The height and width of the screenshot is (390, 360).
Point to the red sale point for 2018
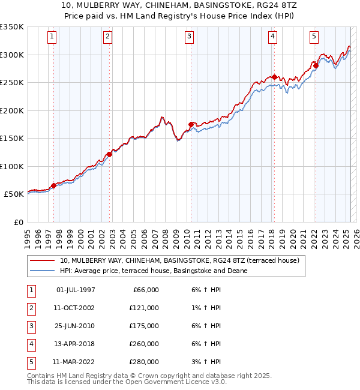coord(274,77)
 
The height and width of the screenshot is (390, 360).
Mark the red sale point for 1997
coord(53,185)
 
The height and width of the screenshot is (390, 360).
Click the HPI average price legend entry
coord(154,271)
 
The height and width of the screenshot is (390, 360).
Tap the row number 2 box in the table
coord(31,308)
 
